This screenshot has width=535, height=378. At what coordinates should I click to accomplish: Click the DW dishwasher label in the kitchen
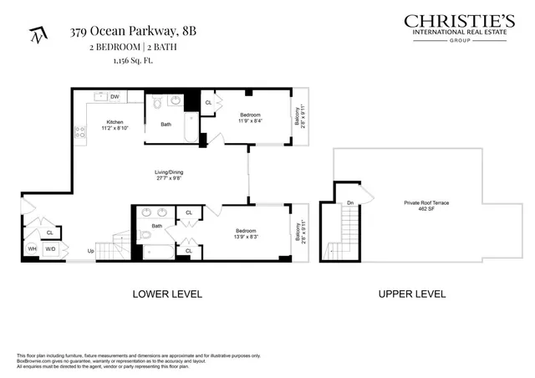(115, 97)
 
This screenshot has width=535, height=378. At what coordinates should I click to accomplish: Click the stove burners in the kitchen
(81, 131)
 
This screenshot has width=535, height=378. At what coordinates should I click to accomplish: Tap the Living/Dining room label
(169, 172)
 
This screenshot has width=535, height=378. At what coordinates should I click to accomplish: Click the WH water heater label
(32, 248)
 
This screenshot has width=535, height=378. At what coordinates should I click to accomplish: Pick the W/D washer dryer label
(50, 248)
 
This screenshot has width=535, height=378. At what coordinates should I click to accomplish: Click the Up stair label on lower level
(89, 250)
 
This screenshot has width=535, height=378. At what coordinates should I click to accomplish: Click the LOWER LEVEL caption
(168, 294)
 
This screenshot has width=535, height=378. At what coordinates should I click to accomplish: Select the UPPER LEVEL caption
(412, 294)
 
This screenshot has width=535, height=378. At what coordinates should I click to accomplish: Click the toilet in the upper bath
(158, 105)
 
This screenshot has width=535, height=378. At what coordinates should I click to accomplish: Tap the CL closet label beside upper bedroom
(207, 103)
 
